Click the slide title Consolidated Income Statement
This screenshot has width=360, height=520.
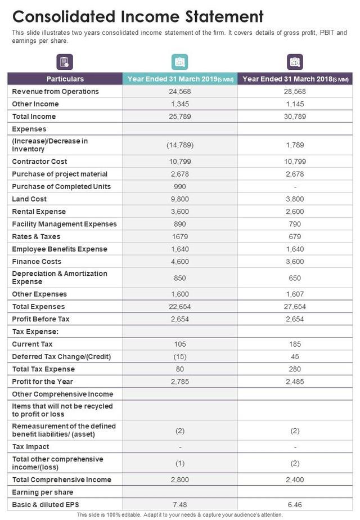(x=138, y=16)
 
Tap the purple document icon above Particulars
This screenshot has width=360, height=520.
(x=65, y=62)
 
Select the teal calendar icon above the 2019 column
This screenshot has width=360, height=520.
(x=179, y=62)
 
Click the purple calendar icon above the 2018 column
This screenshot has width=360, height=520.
(x=295, y=62)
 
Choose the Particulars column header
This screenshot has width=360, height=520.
(x=65, y=79)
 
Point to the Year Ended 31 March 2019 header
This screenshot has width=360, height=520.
(x=180, y=79)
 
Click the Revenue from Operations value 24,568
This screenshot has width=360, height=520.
(x=180, y=92)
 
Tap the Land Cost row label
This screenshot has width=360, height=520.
(x=29, y=199)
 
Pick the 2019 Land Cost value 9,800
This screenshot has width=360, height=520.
(x=180, y=199)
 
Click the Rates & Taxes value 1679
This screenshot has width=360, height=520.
(x=180, y=237)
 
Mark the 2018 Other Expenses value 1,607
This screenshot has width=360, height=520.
(x=295, y=294)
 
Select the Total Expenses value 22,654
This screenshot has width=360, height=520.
(x=180, y=307)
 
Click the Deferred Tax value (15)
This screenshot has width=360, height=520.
(x=180, y=357)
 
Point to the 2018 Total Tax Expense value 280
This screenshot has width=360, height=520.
(x=295, y=369)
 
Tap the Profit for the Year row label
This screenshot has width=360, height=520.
(x=42, y=382)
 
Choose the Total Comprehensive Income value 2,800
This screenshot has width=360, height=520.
(x=180, y=480)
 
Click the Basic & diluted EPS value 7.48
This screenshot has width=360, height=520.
(x=180, y=504)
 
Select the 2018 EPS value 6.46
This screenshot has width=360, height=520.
(x=295, y=504)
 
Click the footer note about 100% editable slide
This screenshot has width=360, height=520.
(x=180, y=515)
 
